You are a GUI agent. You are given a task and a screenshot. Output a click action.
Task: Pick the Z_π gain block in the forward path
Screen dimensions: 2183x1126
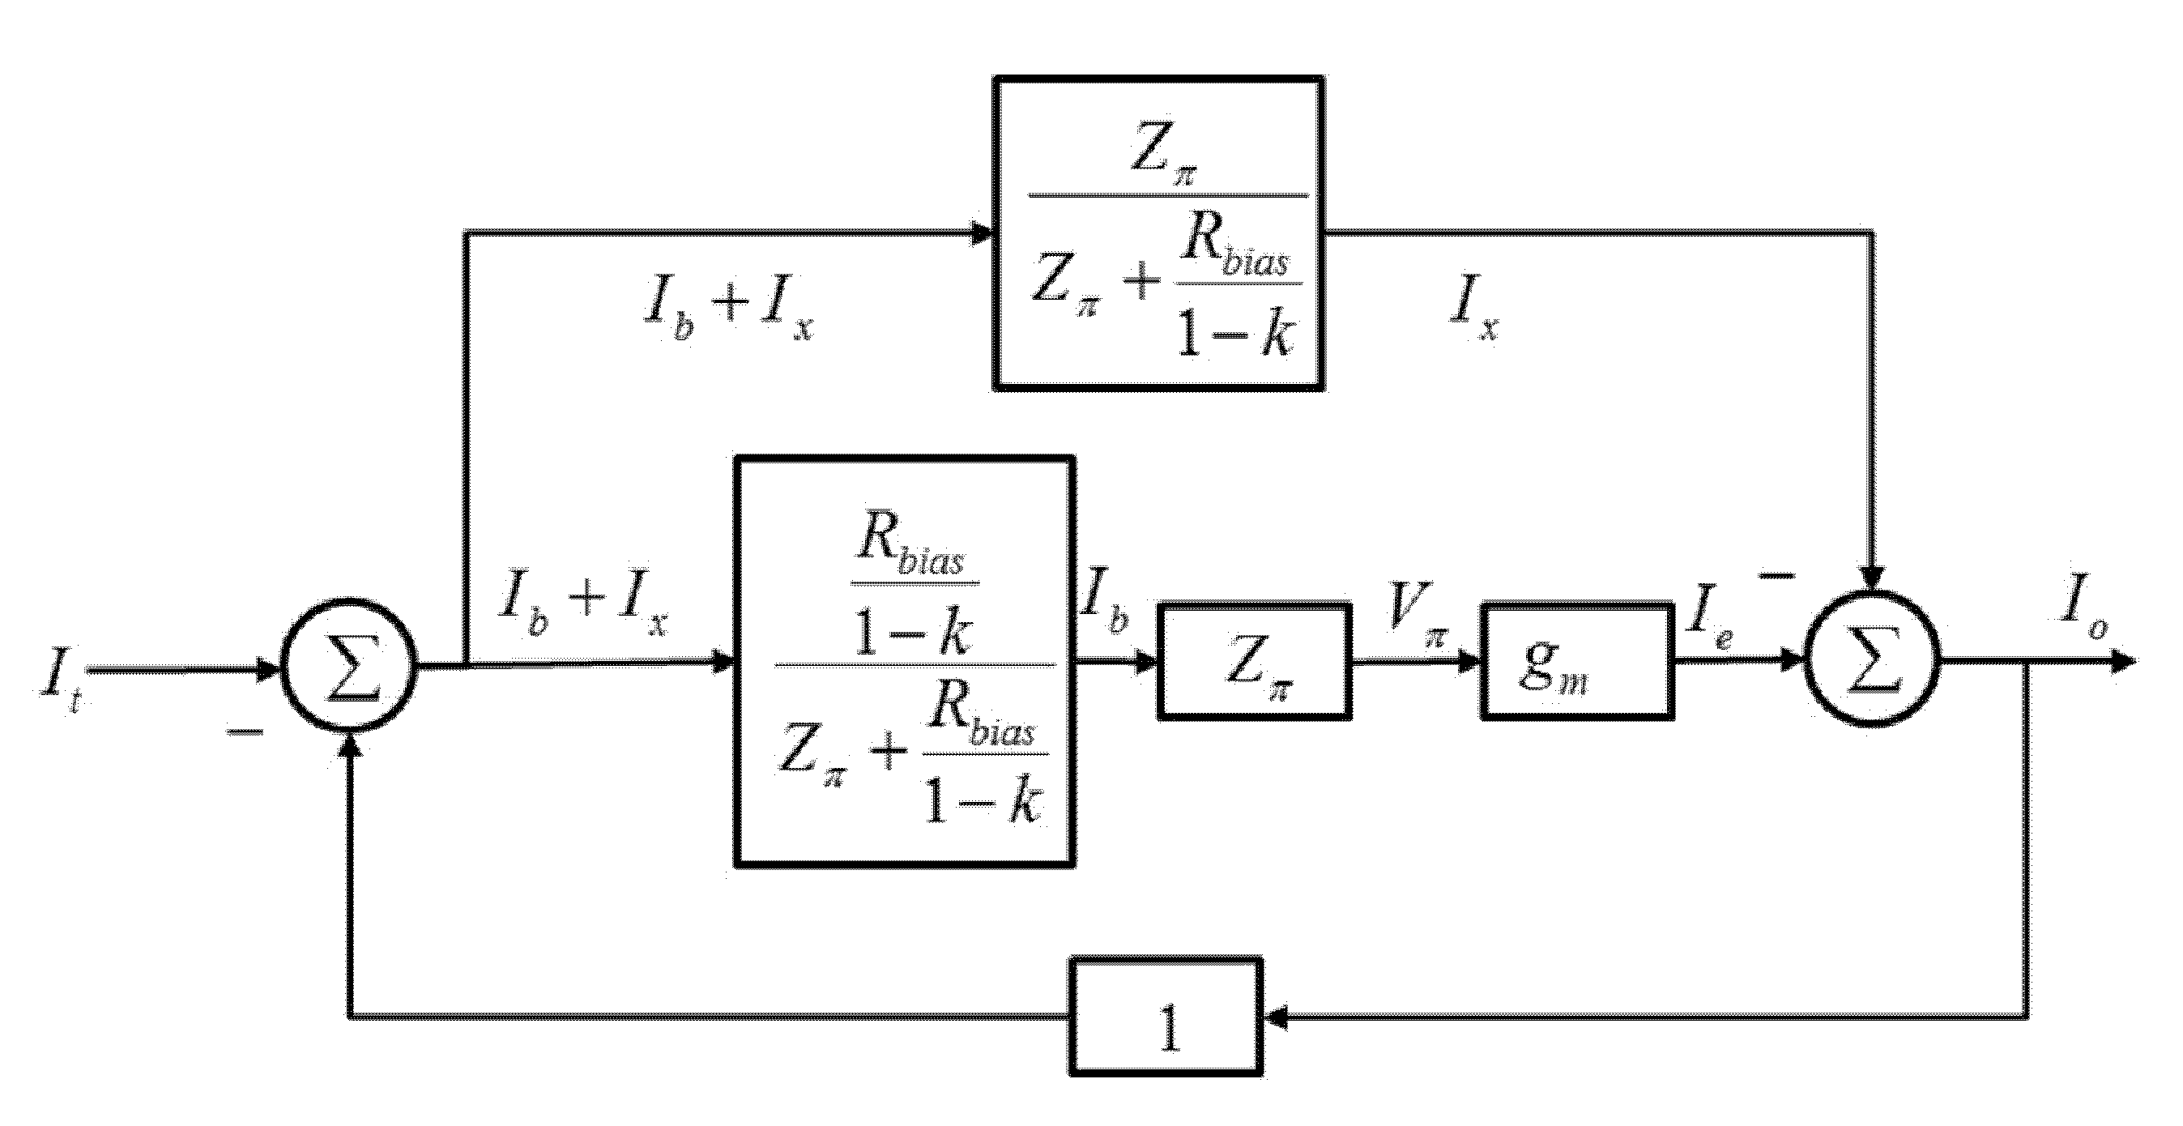pos(1254,661)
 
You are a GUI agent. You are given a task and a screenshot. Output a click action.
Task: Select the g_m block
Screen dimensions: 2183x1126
pos(1578,661)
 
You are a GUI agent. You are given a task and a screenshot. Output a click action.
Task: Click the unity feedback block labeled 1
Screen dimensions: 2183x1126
pos(1166,1016)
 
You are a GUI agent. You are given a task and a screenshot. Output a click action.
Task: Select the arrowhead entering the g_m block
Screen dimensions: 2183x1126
pos(1469,662)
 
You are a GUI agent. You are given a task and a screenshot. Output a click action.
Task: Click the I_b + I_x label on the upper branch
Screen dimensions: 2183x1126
pos(728,311)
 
